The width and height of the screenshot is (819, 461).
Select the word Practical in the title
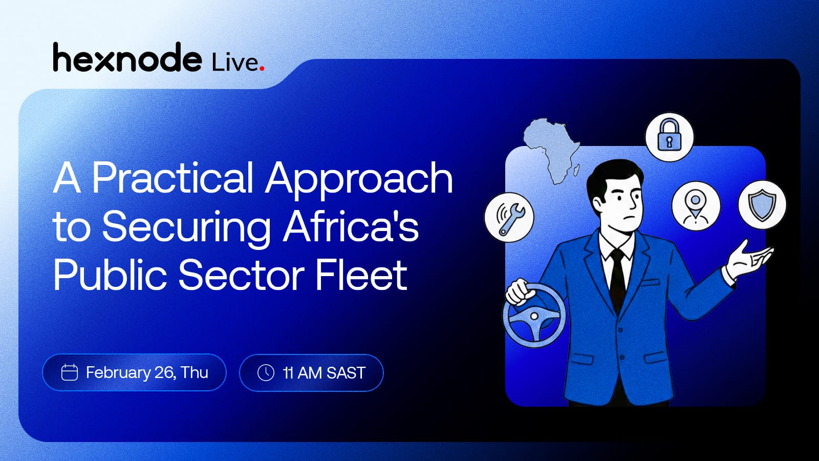(173, 178)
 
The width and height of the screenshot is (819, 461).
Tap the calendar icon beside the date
(70, 372)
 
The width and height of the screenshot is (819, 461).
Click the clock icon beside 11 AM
(266, 373)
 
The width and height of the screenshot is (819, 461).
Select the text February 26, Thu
(147, 373)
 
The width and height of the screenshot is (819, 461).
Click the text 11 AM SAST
(324, 373)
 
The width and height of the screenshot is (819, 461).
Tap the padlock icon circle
(669, 137)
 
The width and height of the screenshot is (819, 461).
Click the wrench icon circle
(509, 217)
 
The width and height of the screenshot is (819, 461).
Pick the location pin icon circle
(696, 205)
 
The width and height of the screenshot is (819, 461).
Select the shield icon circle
(762, 205)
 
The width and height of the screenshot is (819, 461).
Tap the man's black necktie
(617, 278)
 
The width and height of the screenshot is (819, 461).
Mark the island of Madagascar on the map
(575, 171)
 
